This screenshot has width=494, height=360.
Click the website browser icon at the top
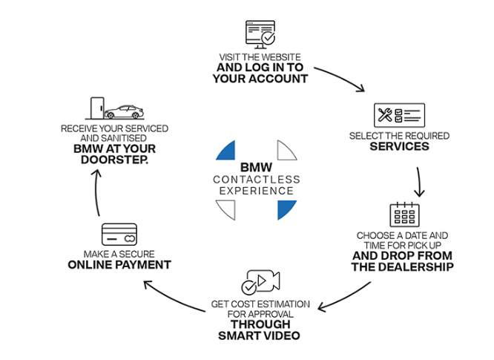[260, 33]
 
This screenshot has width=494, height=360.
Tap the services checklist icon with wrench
[398, 117]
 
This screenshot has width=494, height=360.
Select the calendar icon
[404, 215]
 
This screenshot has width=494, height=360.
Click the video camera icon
[260, 281]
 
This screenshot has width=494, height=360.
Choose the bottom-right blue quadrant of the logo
[286, 210]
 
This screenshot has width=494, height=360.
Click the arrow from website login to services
[343, 79]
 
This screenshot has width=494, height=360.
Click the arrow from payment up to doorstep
[95, 193]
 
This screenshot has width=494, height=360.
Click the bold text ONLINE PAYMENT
[119, 265]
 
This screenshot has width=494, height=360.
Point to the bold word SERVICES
[399, 147]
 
